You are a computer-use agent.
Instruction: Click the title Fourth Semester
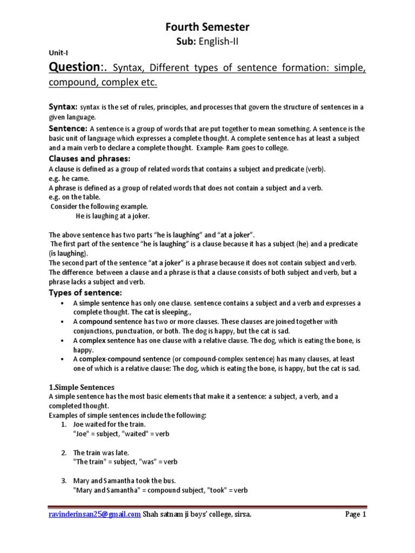tap(207, 28)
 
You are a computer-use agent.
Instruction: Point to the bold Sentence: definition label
tap(68, 129)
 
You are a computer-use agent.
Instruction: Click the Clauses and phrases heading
tap(90, 159)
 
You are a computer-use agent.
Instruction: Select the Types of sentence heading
tap(85, 292)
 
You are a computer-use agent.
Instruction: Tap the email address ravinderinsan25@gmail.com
tap(95, 514)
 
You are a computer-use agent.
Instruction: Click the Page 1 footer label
tap(356, 514)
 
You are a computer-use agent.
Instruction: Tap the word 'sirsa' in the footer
tap(241, 514)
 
